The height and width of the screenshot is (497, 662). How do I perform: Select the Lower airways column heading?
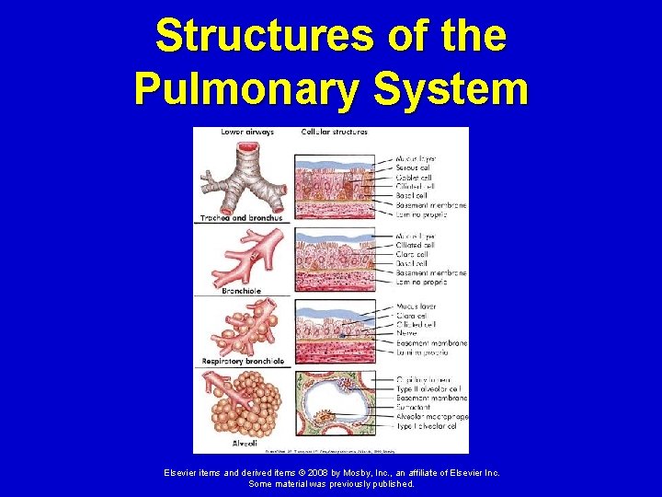(247, 132)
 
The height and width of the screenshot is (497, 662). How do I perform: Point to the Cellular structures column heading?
(335, 132)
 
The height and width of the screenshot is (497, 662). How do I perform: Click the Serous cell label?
(415, 168)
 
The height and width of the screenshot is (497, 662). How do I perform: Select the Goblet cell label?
(415, 178)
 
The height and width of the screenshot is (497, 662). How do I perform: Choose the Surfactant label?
(415, 406)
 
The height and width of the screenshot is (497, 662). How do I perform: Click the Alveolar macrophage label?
(430, 416)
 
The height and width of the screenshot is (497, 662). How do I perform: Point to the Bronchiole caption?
(242, 291)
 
